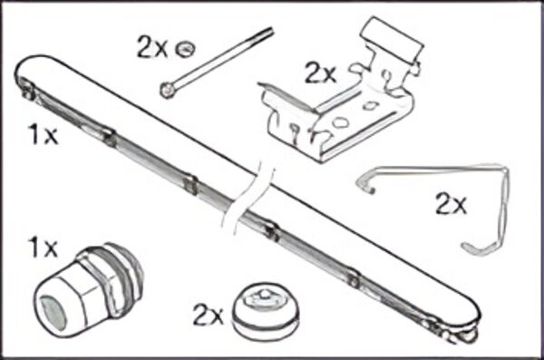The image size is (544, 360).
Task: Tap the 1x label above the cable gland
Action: click(x=43, y=246)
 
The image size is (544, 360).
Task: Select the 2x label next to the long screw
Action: click(x=152, y=48)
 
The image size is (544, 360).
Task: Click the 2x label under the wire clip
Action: click(x=451, y=205)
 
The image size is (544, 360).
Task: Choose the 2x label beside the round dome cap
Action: click(x=208, y=316)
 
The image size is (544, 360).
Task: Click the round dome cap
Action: click(x=262, y=310)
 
